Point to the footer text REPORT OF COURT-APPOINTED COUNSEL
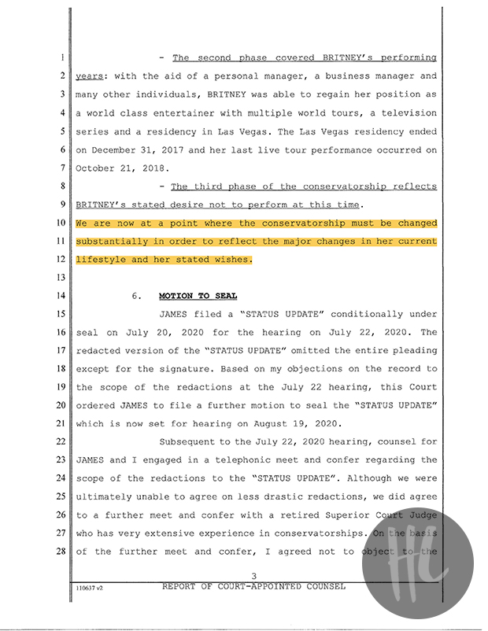click(x=253, y=587)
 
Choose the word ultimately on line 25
click(x=105, y=496)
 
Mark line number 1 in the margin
click(x=61, y=57)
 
